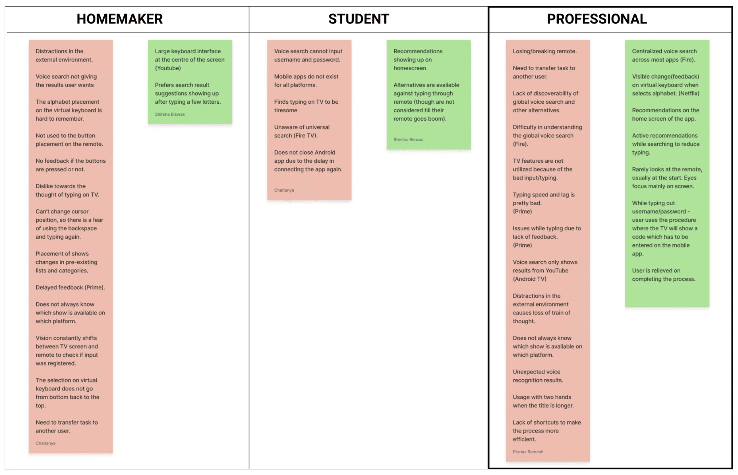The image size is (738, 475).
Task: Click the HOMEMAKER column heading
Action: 120,19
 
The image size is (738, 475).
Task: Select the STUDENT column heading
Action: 359,19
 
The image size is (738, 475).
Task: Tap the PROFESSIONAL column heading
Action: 597,19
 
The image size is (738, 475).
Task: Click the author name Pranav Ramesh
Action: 528,452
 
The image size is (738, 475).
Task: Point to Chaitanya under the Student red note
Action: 284,190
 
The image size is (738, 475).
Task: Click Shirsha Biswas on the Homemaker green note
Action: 170,114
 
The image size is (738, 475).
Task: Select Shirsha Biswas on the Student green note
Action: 408,140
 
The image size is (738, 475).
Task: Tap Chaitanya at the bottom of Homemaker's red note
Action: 45,443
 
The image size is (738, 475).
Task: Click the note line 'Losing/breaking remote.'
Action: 544,51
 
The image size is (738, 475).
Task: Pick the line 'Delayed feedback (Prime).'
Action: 70,287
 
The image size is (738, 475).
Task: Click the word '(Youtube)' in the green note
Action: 168,68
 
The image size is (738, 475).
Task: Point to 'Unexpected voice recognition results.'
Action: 538,376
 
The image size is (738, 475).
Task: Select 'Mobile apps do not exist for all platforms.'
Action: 306,81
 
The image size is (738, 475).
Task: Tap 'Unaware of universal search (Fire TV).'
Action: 301,131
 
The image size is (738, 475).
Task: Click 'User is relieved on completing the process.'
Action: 664,275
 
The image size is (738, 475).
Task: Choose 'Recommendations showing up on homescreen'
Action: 418,60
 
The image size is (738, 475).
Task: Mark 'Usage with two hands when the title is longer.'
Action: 543,401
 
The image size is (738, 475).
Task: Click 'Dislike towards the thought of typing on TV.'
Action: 67,190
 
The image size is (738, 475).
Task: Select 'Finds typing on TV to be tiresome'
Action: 306,106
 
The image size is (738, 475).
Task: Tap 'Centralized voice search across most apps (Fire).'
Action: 664,55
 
